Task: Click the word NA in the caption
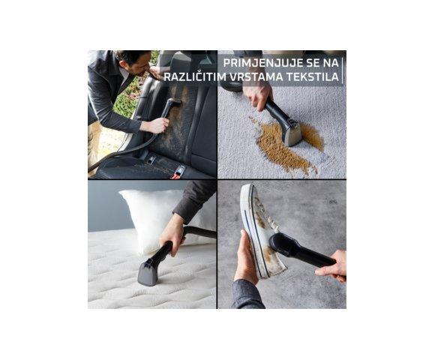click(x=332, y=61)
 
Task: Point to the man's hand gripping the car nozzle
click(x=156, y=125)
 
